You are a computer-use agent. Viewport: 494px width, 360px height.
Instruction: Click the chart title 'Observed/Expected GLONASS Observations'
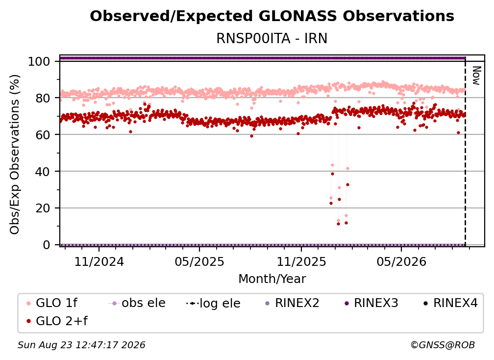(x=272, y=16)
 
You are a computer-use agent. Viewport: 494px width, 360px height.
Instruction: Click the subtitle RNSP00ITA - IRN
(x=272, y=38)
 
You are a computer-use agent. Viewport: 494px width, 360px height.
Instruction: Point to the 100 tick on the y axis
(x=39, y=61)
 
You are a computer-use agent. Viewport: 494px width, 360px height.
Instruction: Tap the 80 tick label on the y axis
(x=43, y=98)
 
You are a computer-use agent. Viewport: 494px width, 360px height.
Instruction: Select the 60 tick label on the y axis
(x=43, y=135)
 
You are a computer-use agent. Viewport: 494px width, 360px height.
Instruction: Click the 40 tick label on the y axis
(x=43, y=172)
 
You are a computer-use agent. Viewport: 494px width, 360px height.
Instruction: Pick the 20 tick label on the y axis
(x=43, y=208)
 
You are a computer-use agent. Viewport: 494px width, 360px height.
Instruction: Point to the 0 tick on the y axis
(x=47, y=245)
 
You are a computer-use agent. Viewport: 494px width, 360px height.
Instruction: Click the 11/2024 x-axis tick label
(x=99, y=261)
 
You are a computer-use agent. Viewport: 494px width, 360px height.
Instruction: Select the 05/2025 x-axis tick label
(x=199, y=261)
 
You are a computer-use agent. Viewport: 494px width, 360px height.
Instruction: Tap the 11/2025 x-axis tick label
(x=301, y=261)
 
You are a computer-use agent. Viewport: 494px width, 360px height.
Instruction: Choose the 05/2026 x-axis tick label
(x=401, y=261)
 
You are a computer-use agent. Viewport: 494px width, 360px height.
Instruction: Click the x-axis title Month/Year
(x=272, y=279)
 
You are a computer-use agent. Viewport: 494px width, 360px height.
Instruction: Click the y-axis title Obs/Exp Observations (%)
(x=15, y=154)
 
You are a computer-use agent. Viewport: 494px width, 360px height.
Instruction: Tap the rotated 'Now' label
(x=476, y=76)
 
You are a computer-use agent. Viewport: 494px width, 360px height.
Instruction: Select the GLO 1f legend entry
(x=52, y=303)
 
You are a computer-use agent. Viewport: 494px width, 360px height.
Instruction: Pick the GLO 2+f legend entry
(x=57, y=321)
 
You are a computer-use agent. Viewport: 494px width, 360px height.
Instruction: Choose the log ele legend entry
(x=213, y=303)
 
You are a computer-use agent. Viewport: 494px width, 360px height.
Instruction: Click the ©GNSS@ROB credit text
(x=443, y=345)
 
